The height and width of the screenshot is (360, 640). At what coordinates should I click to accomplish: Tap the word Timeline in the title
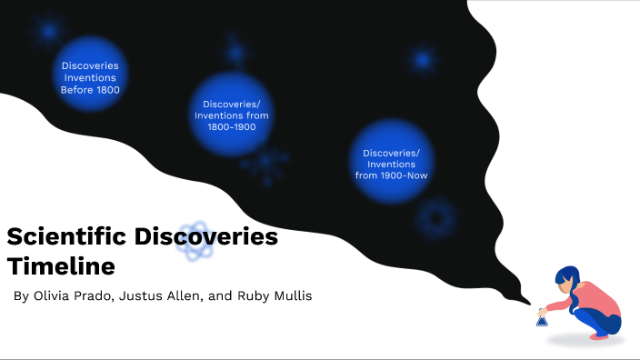61,267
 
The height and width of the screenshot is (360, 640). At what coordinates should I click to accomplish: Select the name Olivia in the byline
54,296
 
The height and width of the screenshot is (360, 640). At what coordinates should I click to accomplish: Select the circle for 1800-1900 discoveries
231,115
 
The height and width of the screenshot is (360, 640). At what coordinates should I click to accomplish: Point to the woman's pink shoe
599,335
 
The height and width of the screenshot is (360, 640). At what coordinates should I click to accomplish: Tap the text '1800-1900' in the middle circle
231,127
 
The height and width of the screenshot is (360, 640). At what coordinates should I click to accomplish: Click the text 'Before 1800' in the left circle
90,91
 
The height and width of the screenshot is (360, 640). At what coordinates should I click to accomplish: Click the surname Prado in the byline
95,296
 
